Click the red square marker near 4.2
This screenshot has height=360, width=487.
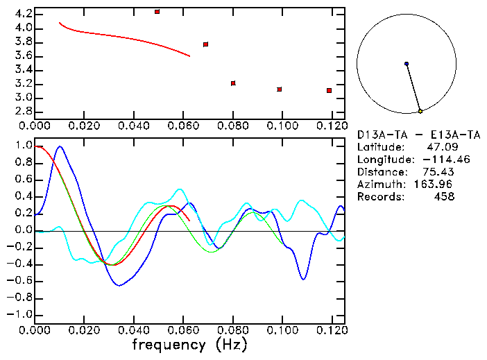[x=157, y=12]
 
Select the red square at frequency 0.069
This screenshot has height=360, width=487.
[x=206, y=44]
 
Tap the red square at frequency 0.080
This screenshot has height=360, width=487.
[x=233, y=83]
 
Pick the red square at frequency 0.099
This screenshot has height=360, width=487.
[x=280, y=89]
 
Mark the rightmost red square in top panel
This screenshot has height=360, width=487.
[x=329, y=91]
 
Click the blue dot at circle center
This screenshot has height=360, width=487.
[x=407, y=64]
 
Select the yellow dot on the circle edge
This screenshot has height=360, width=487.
[x=420, y=111]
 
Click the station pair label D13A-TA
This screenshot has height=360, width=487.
[x=381, y=134]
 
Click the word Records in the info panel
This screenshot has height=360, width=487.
[x=381, y=196]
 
